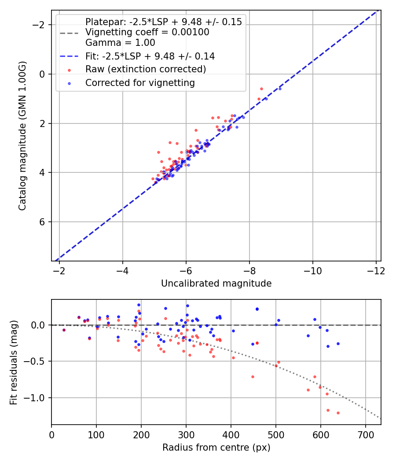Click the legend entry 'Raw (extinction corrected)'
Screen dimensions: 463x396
pos(146,69)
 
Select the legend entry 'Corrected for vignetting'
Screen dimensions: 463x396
pos(140,82)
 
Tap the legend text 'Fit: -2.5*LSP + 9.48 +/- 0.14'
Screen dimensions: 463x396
pos(150,56)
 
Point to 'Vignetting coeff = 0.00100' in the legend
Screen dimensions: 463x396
pos(147,32)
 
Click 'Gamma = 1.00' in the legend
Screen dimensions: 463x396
pos(120,43)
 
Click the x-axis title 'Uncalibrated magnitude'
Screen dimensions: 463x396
pos(216,284)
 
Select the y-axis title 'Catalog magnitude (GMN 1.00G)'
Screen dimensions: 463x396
pos(22,135)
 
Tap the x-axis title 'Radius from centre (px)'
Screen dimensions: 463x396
pos(216,448)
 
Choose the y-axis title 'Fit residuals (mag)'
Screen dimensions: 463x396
pos(14,362)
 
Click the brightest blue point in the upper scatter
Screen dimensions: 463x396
pos(280,89)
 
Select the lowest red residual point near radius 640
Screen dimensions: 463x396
pos(338,413)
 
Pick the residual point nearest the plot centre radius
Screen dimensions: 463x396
pos(64,330)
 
